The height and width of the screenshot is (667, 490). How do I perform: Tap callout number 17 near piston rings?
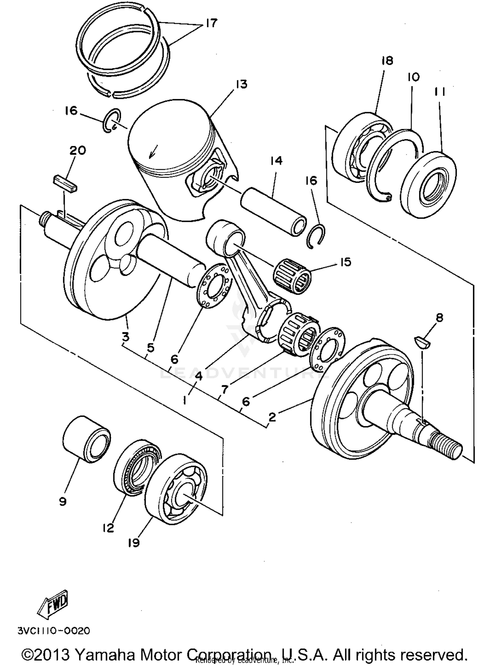211,23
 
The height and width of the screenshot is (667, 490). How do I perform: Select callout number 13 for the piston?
241,84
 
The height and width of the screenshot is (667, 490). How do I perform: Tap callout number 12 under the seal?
108,528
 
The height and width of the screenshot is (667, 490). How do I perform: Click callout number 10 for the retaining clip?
413,78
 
